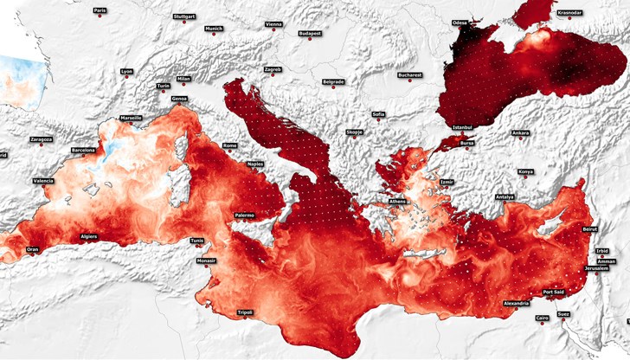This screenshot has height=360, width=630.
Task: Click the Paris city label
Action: point(100,10)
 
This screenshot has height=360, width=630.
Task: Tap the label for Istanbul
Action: point(462,127)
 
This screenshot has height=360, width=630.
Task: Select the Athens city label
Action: point(397,202)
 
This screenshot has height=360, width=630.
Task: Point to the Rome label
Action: point(230,145)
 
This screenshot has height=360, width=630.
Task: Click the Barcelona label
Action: point(83,150)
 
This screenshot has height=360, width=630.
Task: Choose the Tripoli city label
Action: point(245,312)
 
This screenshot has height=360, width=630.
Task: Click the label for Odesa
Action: point(460,22)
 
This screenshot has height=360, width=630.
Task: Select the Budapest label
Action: point(310,33)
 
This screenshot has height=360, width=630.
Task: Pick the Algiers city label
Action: point(89,235)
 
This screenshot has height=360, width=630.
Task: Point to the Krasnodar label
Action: point(569,13)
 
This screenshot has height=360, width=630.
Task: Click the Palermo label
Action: point(244,215)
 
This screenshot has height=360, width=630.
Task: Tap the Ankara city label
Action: point(520,133)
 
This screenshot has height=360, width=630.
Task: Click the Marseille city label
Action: point(131,118)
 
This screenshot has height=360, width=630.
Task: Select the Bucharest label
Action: point(409,74)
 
